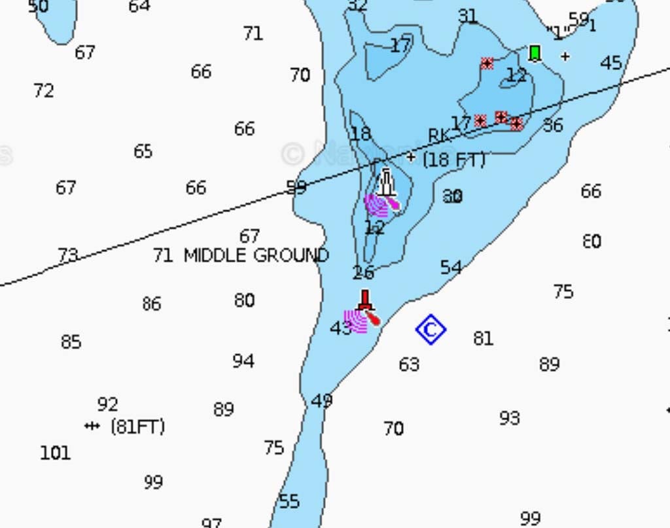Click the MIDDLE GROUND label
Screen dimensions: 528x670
(256, 255)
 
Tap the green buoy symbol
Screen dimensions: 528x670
(535, 52)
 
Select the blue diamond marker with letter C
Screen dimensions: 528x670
(431, 330)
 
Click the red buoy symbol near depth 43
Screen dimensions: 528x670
(366, 303)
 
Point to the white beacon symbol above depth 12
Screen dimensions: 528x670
(386, 183)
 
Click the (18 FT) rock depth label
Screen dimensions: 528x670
(454, 160)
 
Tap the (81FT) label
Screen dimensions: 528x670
(137, 427)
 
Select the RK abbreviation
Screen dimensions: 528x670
(439, 135)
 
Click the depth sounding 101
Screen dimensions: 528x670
(55, 453)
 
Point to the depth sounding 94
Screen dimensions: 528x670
(243, 361)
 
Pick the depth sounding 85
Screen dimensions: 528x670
(71, 342)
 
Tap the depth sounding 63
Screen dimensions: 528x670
(409, 364)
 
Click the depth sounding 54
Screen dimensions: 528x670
(451, 267)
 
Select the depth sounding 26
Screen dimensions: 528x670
(363, 272)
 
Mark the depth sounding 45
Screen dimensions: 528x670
(611, 63)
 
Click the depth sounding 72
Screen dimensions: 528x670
(44, 90)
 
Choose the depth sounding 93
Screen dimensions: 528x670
(510, 417)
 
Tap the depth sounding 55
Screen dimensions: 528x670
(289, 502)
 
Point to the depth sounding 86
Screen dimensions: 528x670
(151, 304)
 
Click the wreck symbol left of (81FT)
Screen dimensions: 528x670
(92, 426)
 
